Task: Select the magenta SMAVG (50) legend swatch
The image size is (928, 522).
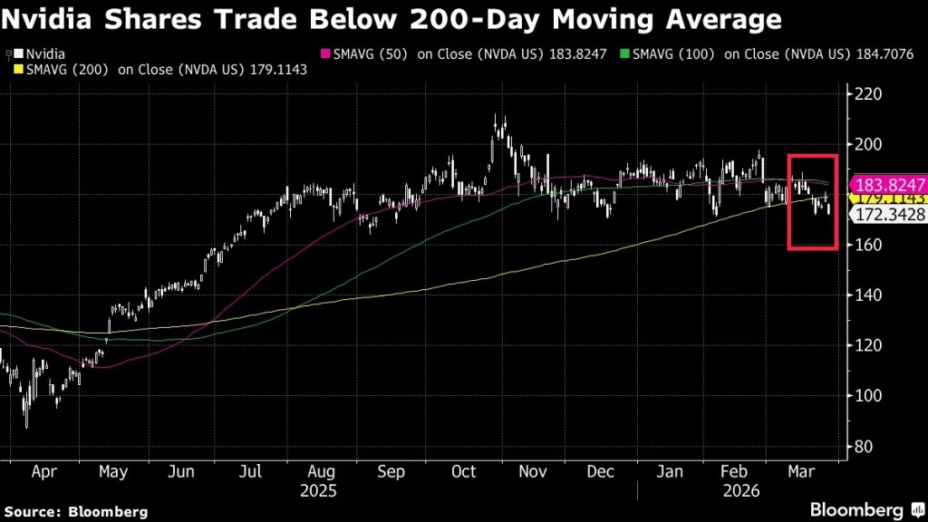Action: pos(327,54)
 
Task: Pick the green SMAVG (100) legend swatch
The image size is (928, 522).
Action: pos(625,54)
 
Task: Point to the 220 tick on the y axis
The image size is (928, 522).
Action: pos(865,94)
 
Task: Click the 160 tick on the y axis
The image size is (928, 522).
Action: pos(865,245)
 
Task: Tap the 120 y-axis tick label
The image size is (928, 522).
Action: pos(865,345)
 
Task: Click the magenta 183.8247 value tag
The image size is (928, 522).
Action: pos(885,183)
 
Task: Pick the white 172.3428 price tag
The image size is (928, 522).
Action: pos(885,214)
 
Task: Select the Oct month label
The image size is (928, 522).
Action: pos(463,472)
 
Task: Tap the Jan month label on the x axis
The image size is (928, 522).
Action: pos(670,472)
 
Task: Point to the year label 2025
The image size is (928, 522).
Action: pos(318,490)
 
